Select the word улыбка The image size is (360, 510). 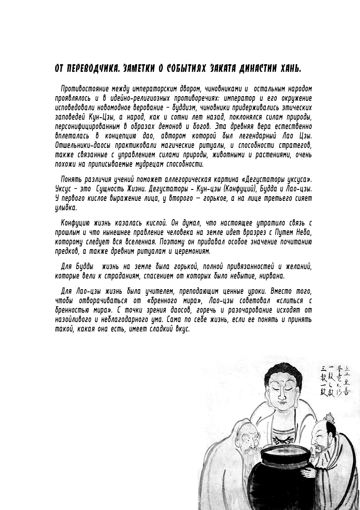66,208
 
